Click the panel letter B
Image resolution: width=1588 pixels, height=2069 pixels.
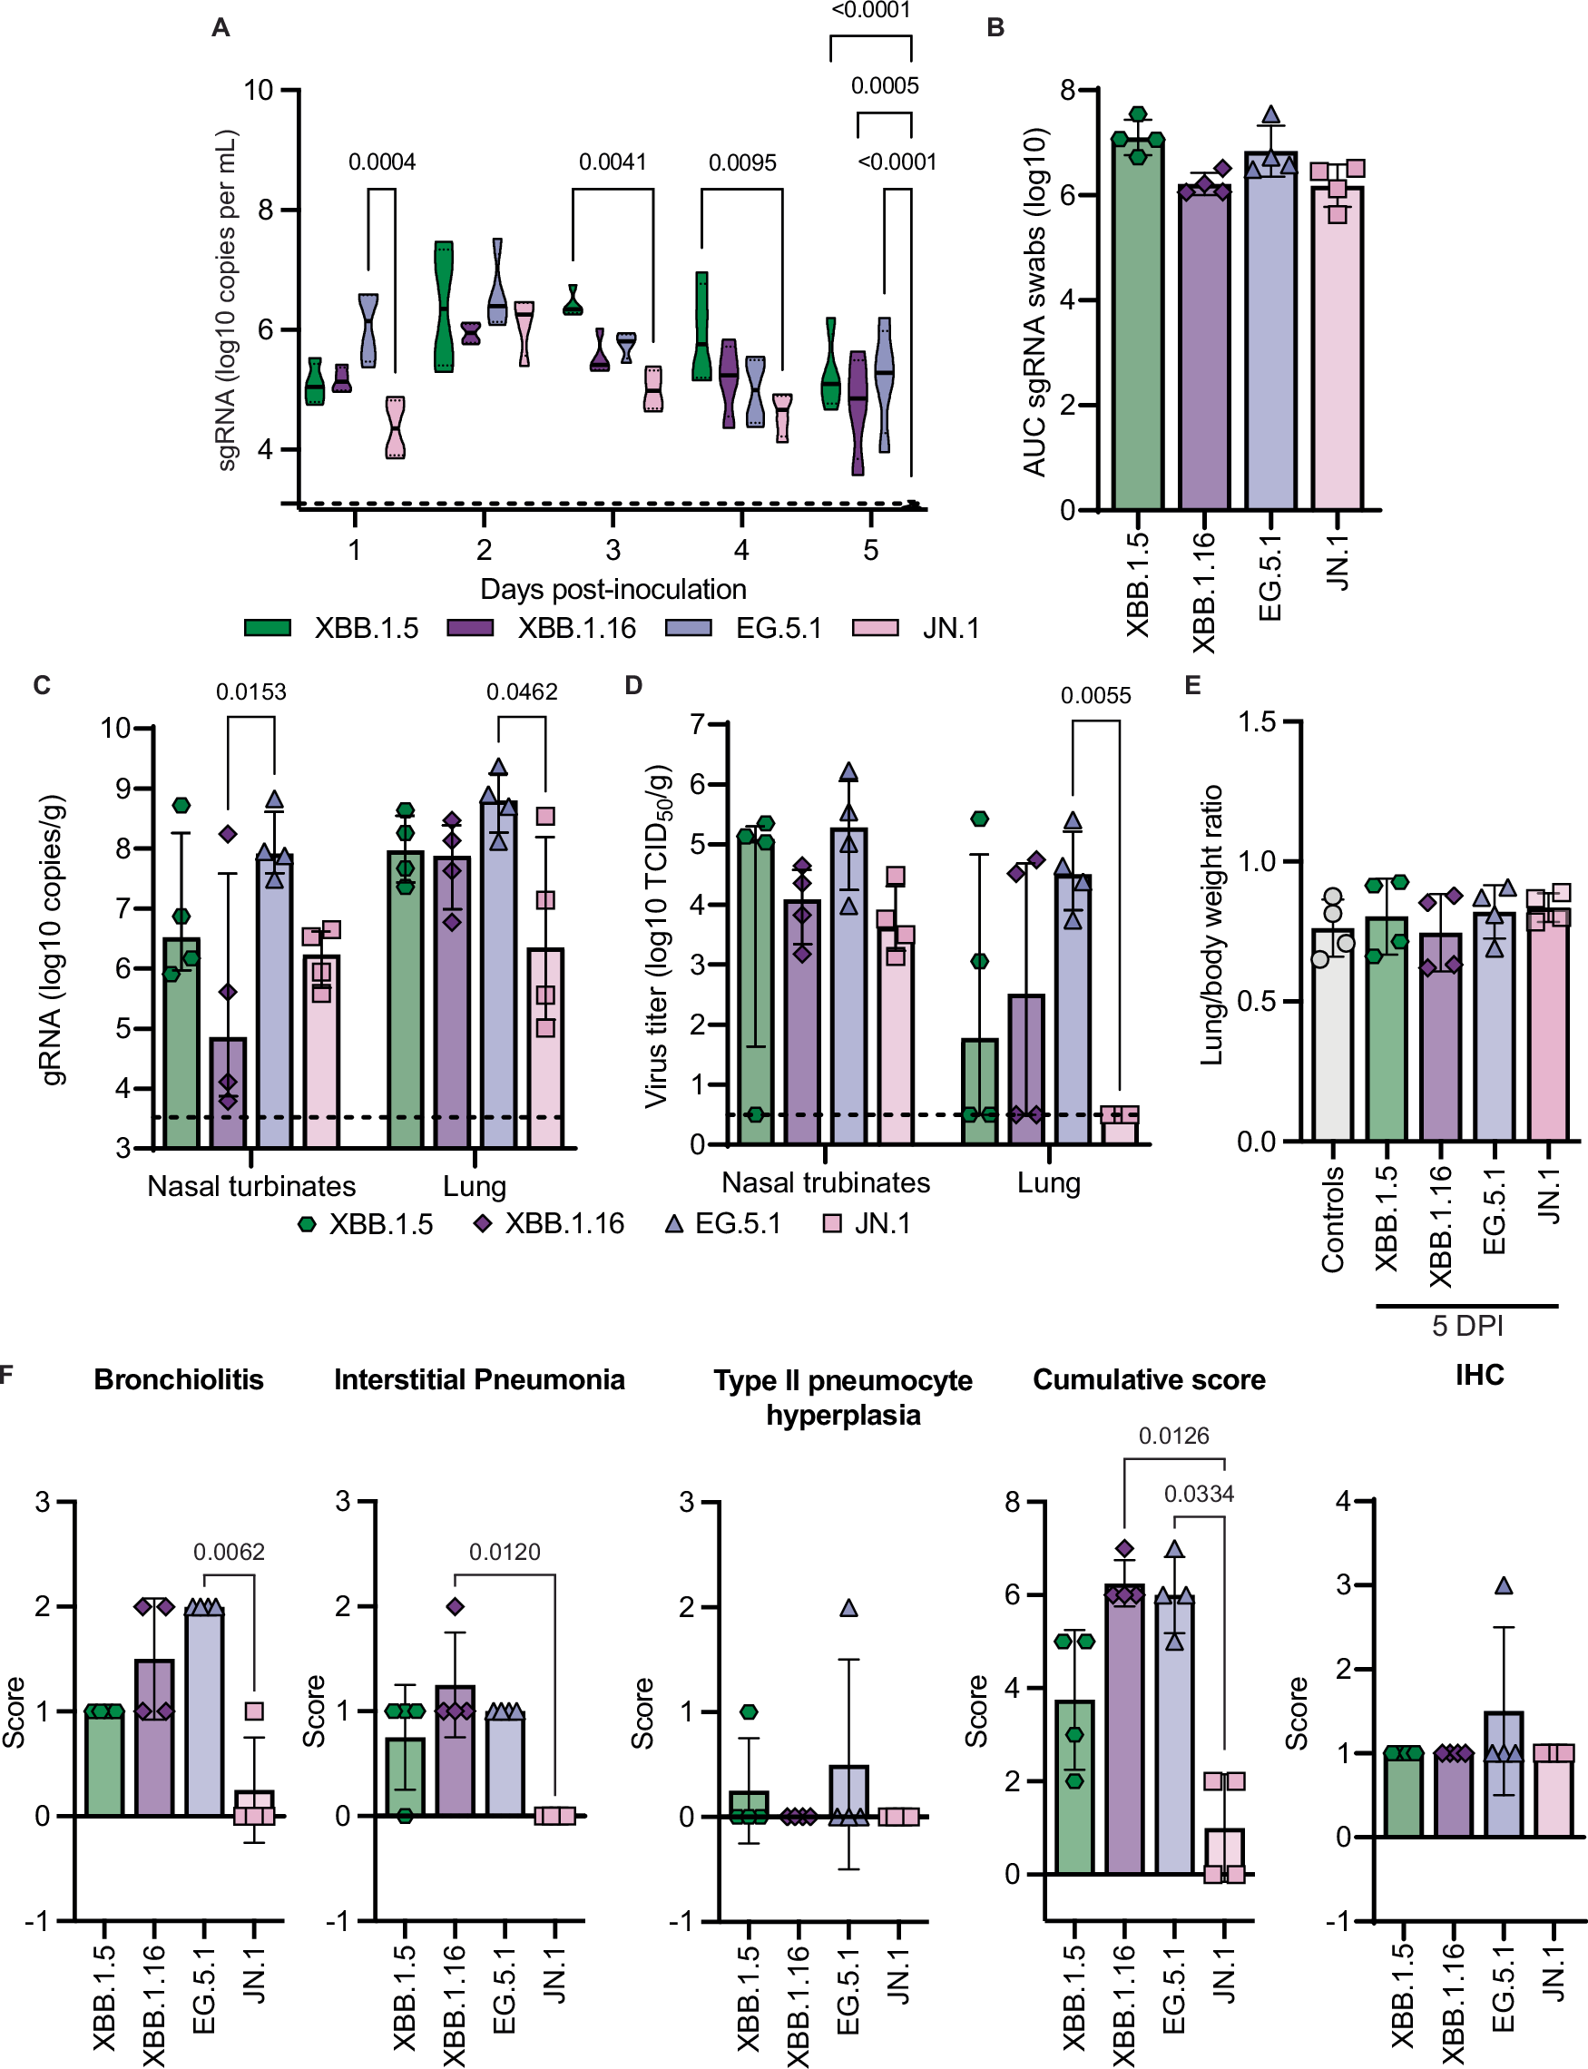point(995,28)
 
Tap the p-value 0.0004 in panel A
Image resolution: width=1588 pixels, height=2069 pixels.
point(382,162)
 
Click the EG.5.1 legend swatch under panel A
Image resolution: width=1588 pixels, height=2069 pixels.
point(688,628)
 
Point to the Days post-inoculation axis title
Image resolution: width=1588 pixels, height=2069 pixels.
point(613,589)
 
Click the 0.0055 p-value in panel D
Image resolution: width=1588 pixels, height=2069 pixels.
point(1095,696)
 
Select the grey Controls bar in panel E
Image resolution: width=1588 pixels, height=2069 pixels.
point(1332,1040)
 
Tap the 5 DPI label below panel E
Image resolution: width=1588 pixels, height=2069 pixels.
point(1467,1325)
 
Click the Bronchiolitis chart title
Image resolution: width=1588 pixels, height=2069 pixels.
point(179,1379)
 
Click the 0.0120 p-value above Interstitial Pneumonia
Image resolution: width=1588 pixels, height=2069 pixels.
point(505,1552)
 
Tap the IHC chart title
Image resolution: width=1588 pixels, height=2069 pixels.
point(1479,1374)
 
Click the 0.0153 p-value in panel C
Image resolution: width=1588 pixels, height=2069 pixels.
point(250,691)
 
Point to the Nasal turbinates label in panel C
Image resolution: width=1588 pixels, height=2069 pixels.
point(251,1185)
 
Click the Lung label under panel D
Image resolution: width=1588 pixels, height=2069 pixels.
point(1048,1182)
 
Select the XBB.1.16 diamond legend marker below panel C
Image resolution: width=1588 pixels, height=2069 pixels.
point(483,1223)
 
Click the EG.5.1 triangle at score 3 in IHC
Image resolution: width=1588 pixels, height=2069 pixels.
point(1504,1586)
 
